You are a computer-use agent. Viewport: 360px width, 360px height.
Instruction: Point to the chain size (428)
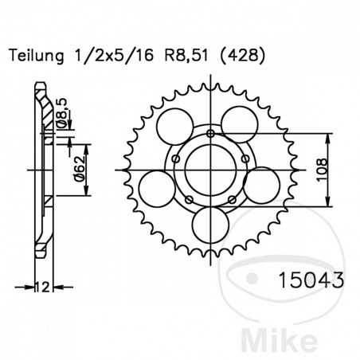[x=239, y=56]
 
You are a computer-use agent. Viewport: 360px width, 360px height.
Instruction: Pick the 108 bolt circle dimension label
[x=320, y=170]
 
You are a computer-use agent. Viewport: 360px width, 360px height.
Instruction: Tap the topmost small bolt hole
[x=209, y=132]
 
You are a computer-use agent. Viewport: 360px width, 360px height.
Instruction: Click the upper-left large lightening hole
[x=174, y=126]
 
